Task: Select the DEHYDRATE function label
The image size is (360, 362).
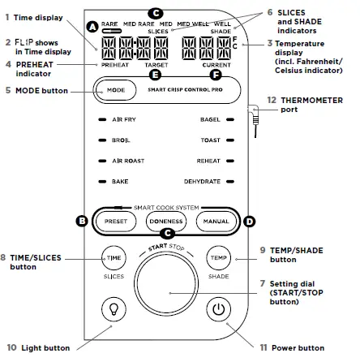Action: tap(202, 182)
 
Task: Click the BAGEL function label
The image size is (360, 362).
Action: tap(210, 119)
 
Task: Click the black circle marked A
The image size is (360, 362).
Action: tap(92, 28)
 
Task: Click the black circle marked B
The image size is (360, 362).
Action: tap(82, 221)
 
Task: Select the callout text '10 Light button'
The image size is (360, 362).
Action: tap(38, 348)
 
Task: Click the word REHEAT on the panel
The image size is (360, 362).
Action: tap(209, 161)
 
